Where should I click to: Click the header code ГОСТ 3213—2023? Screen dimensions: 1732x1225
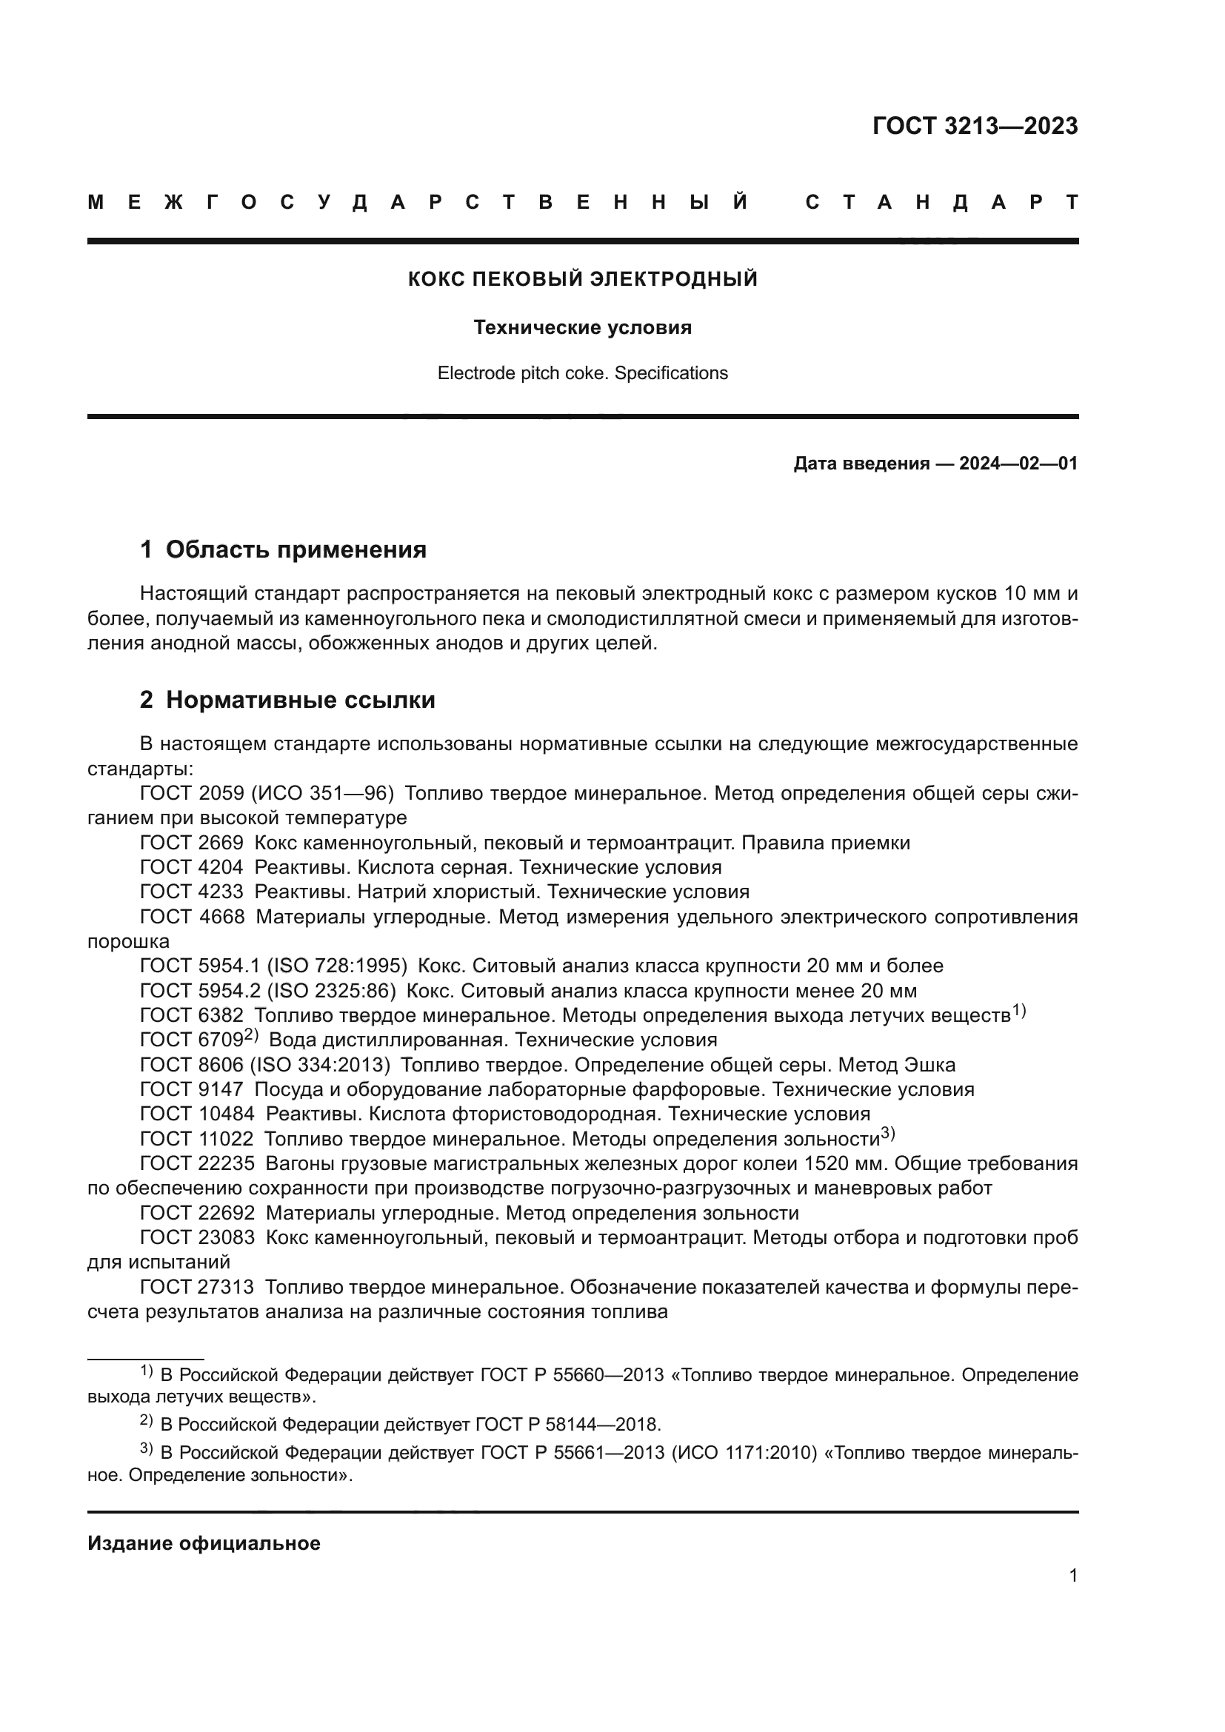[x=975, y=126]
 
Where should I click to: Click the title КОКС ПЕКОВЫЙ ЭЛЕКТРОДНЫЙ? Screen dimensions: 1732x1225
[x=582, y=279]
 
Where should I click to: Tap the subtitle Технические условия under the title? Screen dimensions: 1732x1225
[x=582, y=327]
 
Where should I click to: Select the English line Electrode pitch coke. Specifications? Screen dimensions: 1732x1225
[x=582, y=373]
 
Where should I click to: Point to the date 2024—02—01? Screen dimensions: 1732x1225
[x=1018, y=463]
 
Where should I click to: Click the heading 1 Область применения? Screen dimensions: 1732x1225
[x=283, y=549]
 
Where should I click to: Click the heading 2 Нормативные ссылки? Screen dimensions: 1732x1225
[x=287, y=700]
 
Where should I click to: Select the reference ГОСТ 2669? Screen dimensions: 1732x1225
[x=192, y=843]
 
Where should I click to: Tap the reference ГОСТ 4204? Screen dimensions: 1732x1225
[x=192, y=868]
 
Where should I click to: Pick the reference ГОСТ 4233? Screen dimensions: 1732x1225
[x=192, y=892]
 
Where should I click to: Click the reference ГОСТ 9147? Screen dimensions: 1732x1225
[x=192, y=1089]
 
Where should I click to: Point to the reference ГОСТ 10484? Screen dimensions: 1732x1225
[x=198, y=1114]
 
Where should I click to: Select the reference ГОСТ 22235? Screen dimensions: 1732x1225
[x=198, y=1163]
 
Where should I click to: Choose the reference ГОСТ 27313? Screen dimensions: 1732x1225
[x=198, y=1287]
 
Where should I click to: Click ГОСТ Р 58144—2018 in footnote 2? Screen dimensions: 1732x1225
[x=567, y=1424]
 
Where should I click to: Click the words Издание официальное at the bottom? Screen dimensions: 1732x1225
[x=204, y=1543]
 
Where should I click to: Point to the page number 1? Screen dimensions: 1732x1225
[x=1072, y=1575]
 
